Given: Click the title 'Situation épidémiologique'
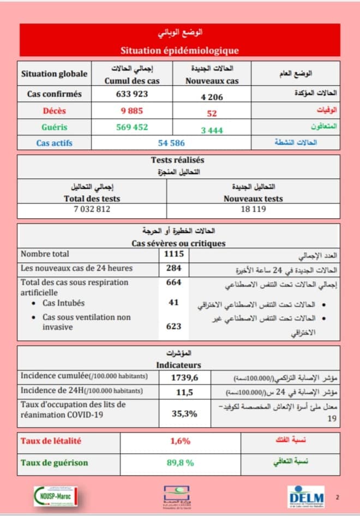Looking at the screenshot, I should [179, 51].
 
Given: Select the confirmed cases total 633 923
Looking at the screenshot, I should [132, 94].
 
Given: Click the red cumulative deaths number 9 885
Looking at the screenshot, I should [132, 111].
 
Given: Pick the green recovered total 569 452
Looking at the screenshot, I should [132, 127].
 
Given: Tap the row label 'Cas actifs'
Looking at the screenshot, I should [55, 143].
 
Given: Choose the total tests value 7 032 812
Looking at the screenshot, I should [92, 209].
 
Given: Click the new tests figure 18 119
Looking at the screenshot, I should [253, 209].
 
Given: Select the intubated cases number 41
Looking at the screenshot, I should [174, 303].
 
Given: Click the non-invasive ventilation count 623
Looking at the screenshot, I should [174, 326].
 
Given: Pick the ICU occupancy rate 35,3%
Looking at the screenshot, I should [184, 413].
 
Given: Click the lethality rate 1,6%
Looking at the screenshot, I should [180, 441].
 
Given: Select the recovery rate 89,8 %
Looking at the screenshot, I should [180, 463].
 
